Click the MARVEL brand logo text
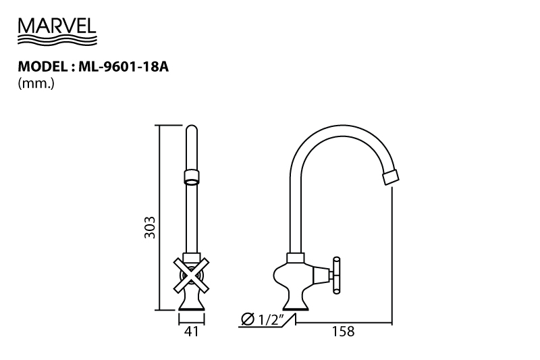pyautogui.click(x=57, y=26)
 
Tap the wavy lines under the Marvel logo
pyautogui.click(x=57, y=39)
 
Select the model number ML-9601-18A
pyautogui.click(x=124, y=66)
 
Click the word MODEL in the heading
pyautogui.click(x=43, y=66)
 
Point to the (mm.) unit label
pyautogui.click(x=36, y=84)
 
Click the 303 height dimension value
pyautogui.click(x=150, y=228)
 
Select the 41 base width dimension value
pyautogui.click(x=192, y=332)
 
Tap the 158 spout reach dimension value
pyautogui.click(x=343, y=332)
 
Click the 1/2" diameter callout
pyautogui.click(x=268, y=319)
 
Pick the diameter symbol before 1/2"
pyautogui.click(x=248, y=319)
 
